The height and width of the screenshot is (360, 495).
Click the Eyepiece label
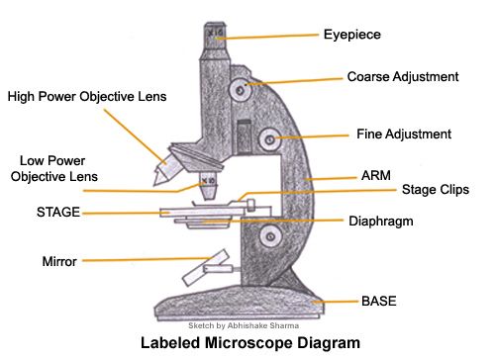click(x=351, y=36)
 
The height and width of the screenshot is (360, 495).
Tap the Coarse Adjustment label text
click(x=402, y=76)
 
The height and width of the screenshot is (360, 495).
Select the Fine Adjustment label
click(x=403, y=134)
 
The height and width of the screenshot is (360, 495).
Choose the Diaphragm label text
click(x=380, y=222)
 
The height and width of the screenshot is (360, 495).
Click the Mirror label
click(x=59, y=262)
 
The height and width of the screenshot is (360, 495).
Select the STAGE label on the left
click(x=58, y=212)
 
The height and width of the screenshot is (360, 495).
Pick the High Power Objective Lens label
click(x=87, y=97)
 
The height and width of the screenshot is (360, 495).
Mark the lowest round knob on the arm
click(x=269, y=235)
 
